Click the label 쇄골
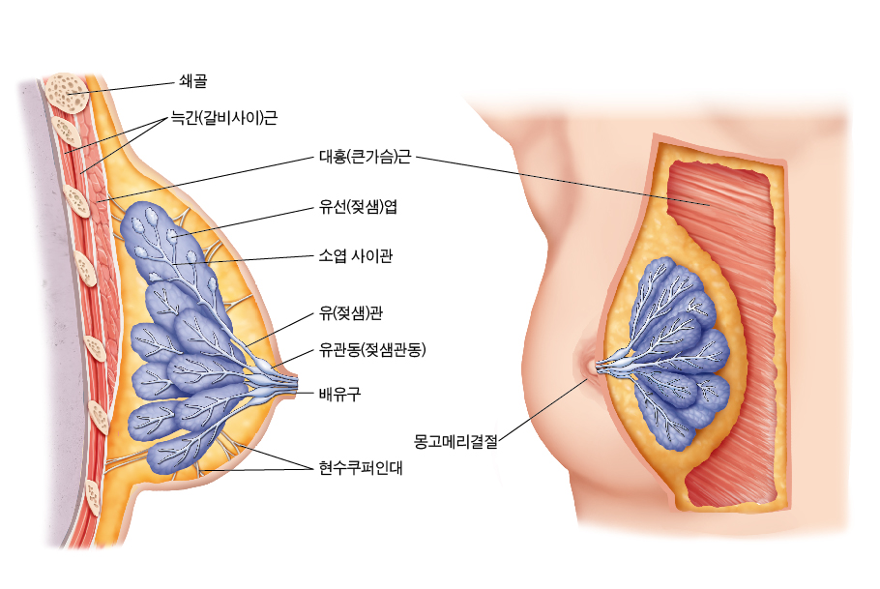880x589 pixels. tap(193, 81)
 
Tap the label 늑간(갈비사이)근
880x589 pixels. tap(224, 118)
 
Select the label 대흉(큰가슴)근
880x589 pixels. tap(365, 156)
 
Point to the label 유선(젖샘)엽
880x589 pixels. tap(358, 207)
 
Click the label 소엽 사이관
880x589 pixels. tap(356, 256)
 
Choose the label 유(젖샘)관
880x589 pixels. tap(351, 312)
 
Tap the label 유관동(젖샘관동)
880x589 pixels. tap(372, 350)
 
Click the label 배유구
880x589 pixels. tap(339, 394)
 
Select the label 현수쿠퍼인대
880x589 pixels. tap(361, 468)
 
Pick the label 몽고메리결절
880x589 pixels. tap(455, 441)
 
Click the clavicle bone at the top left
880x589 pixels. tap(67, 93)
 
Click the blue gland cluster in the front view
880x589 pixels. tap(673, 354)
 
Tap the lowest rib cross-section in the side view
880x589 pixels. tap(94, 497)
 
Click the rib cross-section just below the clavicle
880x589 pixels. tap(66, 132)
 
